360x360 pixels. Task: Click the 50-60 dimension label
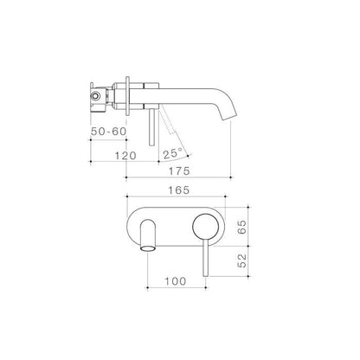pyautogui.click(x=109, y=132)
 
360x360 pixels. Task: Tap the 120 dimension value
pyautogui.click(x=125, y=156)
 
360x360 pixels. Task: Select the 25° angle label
pyautogui.click(x=173, y=154)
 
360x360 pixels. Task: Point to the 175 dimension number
pyautogui.click(x=179, y=171)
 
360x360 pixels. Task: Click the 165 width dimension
pyautogui.click(x=179, y=190)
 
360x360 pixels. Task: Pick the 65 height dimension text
pyautogui.click(x=242, y=227)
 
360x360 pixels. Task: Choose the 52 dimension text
pyautogui.click(x=242, y=260)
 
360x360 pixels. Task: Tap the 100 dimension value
pyautogui.click(x=176, y=281)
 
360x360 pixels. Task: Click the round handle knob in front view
pyautogui.click(x=204, y=227)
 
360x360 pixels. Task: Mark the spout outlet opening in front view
pyautogui.click(x=148, y=248)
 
